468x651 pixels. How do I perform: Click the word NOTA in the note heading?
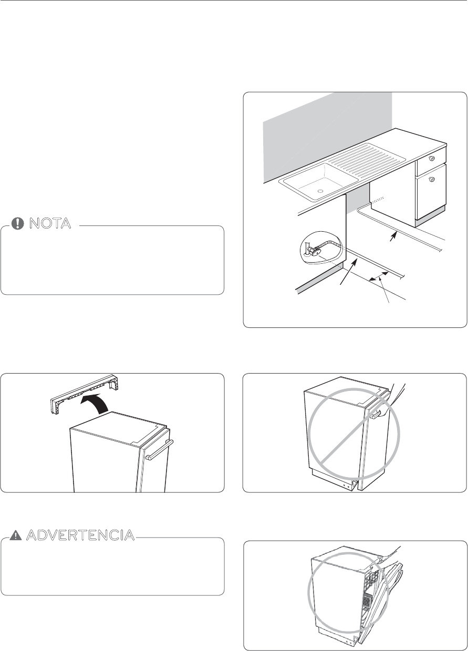(x=50, y=223)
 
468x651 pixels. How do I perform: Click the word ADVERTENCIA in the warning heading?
(x=79, y=535)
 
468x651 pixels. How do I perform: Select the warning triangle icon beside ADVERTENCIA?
(x=17, y=535)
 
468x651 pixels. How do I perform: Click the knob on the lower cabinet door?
(x=432, y=180)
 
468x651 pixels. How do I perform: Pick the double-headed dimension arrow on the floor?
(x=379, y=276)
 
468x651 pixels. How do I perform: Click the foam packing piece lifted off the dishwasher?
(x=84, y=391)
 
